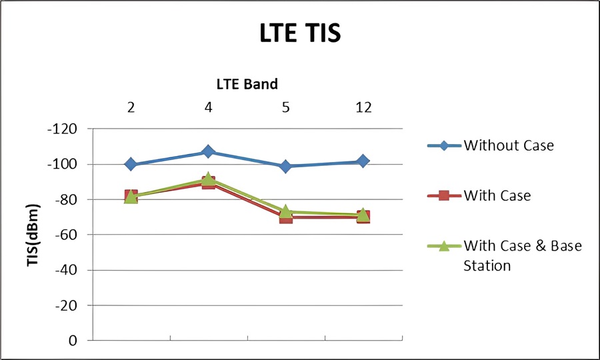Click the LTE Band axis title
(247, 84)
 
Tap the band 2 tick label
(131, 107)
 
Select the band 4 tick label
(209, 107)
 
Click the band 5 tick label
(285, 107)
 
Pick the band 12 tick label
(363, 107)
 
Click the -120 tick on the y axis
(63, 129)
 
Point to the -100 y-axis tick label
(63, 164)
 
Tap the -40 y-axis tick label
(67, 270)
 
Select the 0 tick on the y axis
(73, 341)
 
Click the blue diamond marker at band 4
(209, 152)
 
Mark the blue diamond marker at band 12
(363, 161)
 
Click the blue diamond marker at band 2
(131, 164)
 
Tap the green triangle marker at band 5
(285, 212)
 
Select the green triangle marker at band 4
(209, 179)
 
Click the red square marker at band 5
(285, 217)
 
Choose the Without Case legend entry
(508, 145)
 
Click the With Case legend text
(497, 195)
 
